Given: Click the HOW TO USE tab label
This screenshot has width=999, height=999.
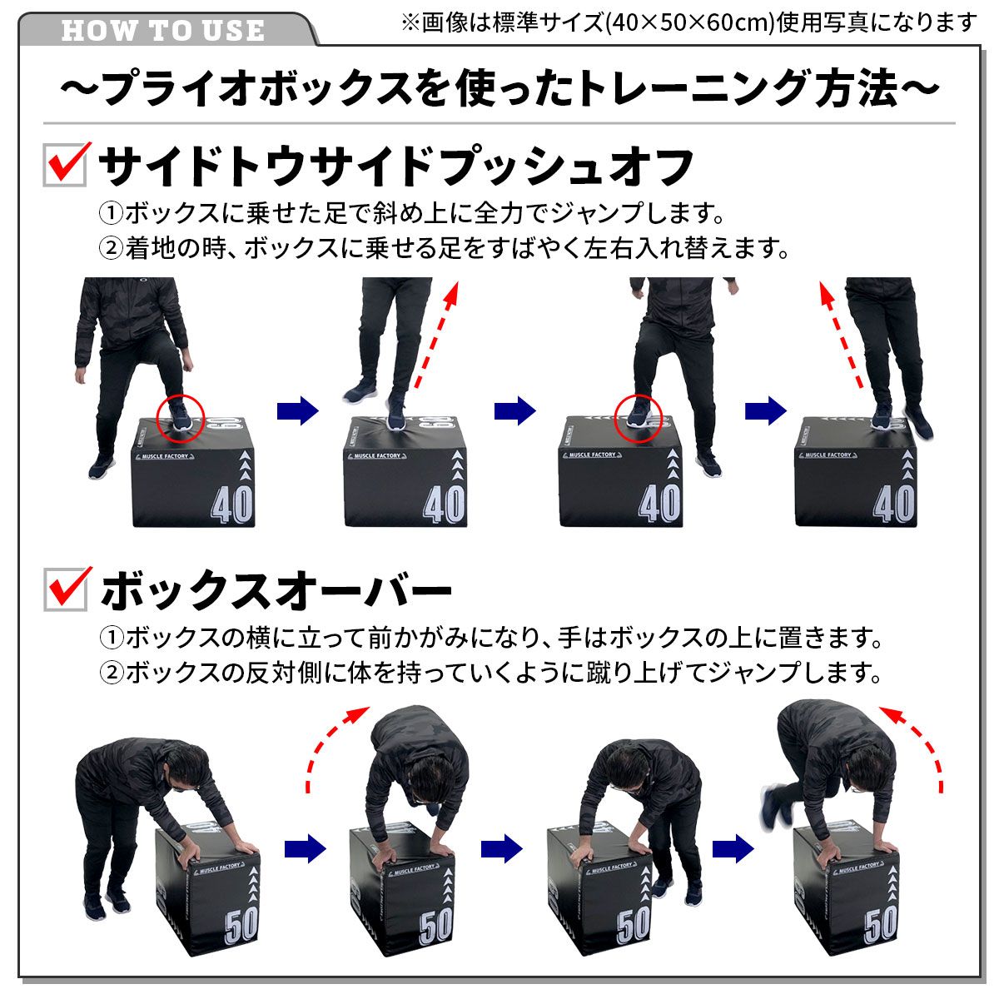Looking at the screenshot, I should pos(162,31).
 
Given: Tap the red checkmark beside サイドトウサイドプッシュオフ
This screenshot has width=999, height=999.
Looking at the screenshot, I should pos(66,163).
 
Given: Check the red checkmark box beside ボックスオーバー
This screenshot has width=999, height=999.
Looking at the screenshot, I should pos(66,589).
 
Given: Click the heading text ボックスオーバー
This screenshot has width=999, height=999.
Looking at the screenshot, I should pos(276,590).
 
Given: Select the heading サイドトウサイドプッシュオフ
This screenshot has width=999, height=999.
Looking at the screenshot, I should pos(396,166).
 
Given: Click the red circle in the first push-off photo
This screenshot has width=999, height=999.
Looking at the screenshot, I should pos(180,417).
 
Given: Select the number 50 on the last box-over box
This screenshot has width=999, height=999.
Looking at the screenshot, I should pos(880,925).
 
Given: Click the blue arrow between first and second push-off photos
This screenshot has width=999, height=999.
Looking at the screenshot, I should pos(297,410).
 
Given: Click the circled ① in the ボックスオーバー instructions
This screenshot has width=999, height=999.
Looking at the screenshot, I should pos(111,639).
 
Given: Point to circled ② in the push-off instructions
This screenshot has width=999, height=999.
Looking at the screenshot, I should pos(111,248).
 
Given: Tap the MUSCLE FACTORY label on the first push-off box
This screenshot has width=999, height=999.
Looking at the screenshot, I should pos(166,456).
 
